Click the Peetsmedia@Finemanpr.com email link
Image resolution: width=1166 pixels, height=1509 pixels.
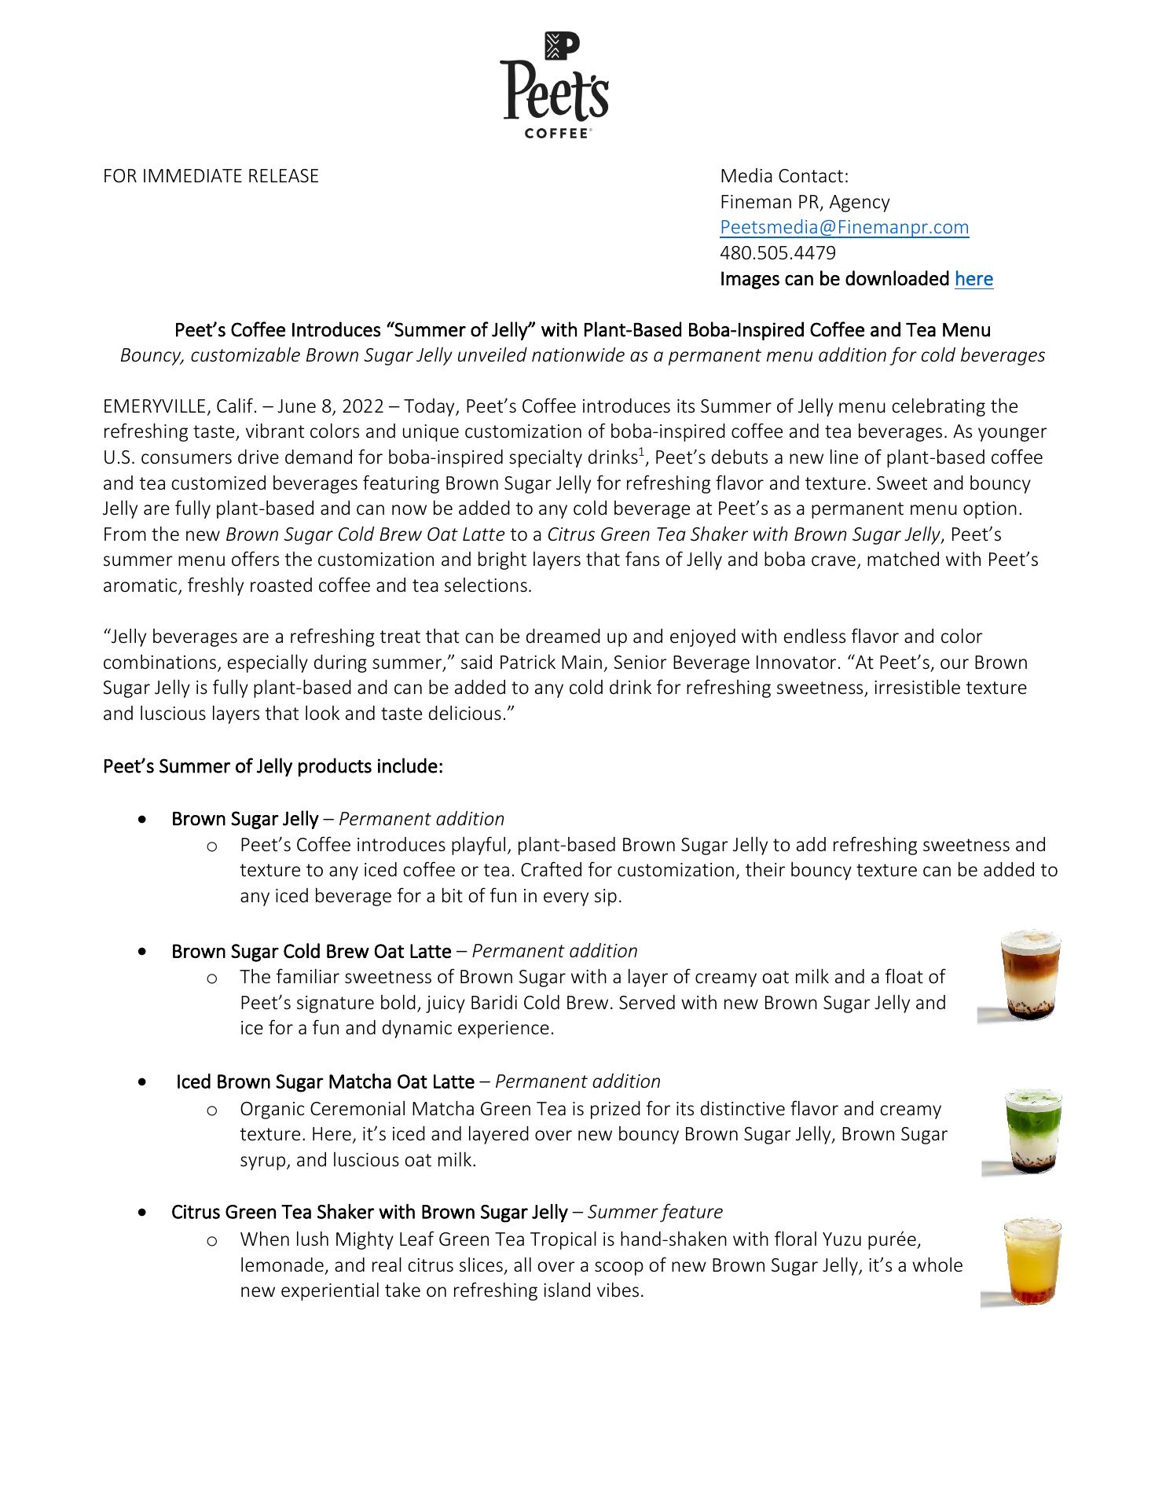(844, 227)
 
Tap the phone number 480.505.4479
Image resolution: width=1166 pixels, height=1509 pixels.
(777, 253)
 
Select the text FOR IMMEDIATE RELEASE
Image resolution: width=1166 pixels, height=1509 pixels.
(211, 176)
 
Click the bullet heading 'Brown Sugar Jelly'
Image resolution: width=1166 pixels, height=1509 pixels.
(244, 819)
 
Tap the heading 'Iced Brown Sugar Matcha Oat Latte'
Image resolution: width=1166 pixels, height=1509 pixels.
(324, 1081)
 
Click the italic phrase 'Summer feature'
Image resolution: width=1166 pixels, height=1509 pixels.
(654, 1212)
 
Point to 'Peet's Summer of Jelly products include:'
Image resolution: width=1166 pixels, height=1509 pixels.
(273, 766)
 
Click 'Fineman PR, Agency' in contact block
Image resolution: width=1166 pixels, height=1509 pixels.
(805, 202)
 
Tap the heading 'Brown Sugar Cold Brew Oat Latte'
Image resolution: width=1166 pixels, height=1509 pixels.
(311, 951)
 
